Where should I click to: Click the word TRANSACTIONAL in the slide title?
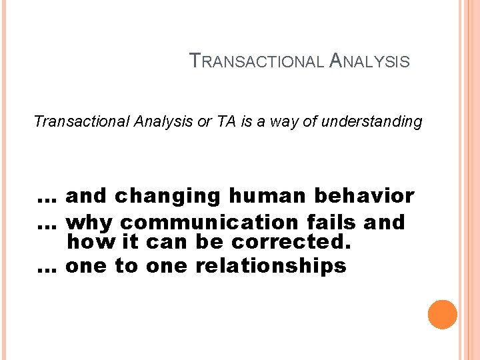(259, 62)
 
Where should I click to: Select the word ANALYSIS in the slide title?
(370, 62)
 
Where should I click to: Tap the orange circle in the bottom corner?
(443, 315)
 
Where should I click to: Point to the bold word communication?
(211, 222)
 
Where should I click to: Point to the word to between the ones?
(126, 266)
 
